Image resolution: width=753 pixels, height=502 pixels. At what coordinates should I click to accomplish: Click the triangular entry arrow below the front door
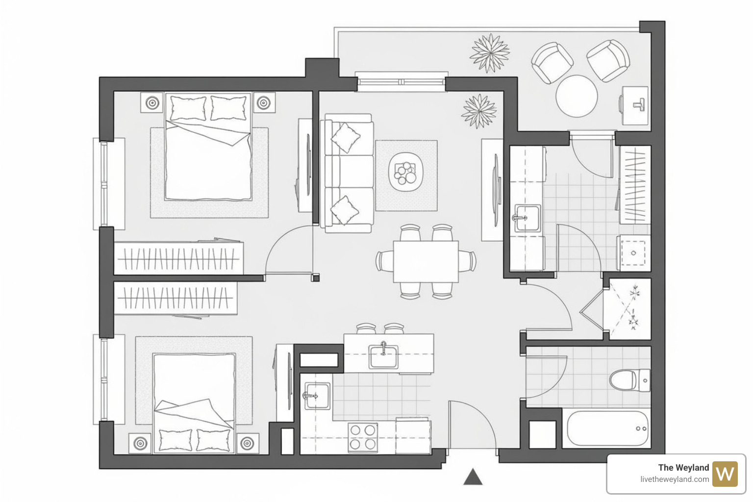click(473, 477)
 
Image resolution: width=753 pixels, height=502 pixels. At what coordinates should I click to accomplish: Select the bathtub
click(607, 428)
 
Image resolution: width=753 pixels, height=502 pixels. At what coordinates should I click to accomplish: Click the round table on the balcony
click(577, 96)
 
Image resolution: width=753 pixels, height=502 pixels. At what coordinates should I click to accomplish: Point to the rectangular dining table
click(426, 261)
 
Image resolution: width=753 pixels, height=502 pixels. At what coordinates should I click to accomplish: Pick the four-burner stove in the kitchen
click(363, 437)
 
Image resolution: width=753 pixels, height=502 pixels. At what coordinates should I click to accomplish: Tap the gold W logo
click(725, 474)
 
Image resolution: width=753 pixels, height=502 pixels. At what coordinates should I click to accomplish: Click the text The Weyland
click(683, 468)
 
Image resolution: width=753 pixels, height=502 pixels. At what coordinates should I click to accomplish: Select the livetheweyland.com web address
click(674, 479)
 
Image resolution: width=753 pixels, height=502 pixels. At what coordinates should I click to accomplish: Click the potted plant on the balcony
click(489, 53)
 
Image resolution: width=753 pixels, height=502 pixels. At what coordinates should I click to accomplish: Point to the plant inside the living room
click(478, 111)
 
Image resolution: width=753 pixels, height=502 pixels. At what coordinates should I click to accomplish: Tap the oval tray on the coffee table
click(405, 172)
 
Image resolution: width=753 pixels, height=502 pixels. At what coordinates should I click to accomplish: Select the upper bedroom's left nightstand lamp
click(152, 103)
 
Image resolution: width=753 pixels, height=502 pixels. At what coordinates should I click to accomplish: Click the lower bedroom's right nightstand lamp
click(247, 443)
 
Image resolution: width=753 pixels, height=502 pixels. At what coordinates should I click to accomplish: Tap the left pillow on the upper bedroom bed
click(188, 108)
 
